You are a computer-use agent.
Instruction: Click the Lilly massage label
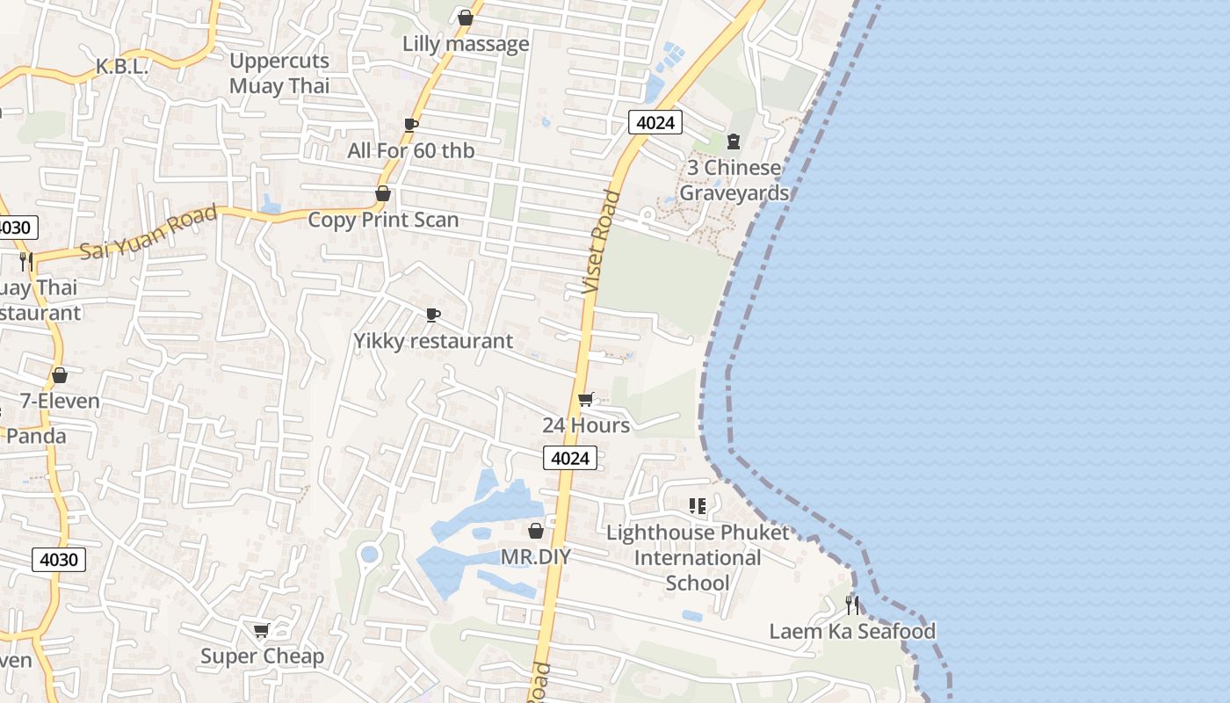coord(466,44)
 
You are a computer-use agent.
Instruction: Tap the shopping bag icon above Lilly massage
coord(466,18)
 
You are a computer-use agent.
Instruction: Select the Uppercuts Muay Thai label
coord(279,73)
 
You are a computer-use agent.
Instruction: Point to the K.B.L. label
coord(121,67)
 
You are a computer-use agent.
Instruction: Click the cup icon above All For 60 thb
coord(410,125)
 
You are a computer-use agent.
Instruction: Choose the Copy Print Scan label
coord(383,220)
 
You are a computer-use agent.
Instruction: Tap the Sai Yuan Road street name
coord(148,234)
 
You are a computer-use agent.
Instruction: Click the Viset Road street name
coord(601,241)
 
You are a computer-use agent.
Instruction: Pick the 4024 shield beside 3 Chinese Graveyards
coord(655,122)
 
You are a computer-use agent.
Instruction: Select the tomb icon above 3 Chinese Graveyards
coord(734,141)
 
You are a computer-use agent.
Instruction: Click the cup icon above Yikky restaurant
coord(432,315)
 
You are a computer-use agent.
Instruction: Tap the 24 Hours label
coord(586,425)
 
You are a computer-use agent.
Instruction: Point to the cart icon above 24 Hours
coord(586,400)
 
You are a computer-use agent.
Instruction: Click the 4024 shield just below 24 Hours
coord(570,458)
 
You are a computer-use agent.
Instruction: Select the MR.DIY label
coord(536,557)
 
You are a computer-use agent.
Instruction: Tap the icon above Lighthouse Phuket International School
coord(698,506)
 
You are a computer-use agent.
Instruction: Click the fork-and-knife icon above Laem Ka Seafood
coord(852,605)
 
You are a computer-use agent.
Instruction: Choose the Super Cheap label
coord(262,656)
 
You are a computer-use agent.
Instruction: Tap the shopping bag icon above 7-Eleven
coord(60,375)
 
